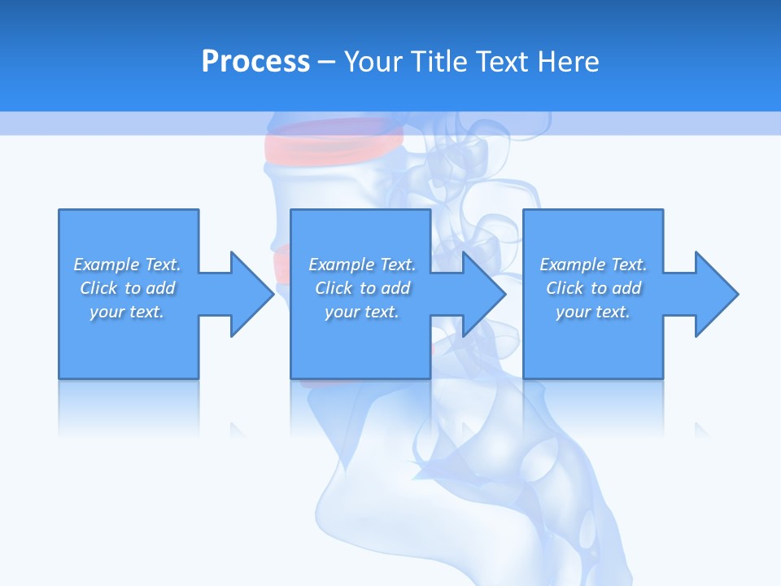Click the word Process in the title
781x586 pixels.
(255, 61)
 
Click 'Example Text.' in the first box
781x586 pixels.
(128, 265)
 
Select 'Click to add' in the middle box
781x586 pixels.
(362, 288)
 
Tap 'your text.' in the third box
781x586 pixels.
(593, 312)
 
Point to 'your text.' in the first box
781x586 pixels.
(128, 312)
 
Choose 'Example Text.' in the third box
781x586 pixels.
(593, 265)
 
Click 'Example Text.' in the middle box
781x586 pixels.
(362, 265)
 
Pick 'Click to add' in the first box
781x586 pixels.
(128, 288)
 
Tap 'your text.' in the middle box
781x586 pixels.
(362, 312)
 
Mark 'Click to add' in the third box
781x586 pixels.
(593, 288)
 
